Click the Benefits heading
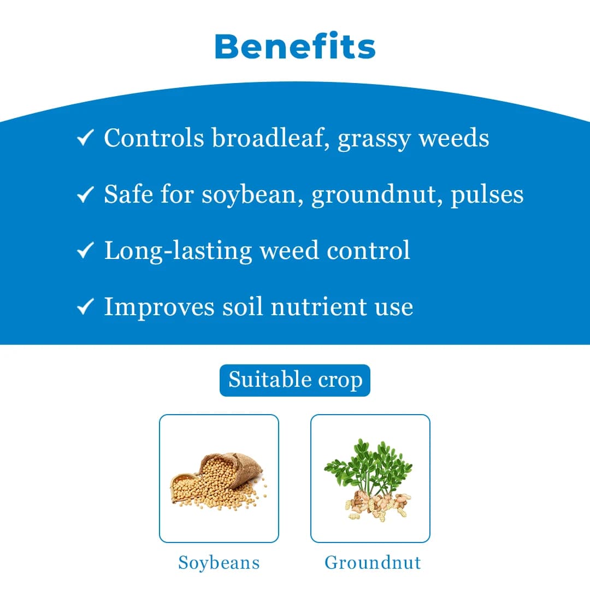pyautogui.click(x=295, y=46)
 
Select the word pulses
pyautogui.click(x=487, y=195)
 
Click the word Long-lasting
pyautogui.click(x=178, y=250)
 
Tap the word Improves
pyautogui.click(x=159, y=308)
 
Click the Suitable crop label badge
pyautogui.click(x=295, y=380)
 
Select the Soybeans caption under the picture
pyautogui.click(x=219, y=563)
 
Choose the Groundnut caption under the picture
pyautogui.click(x=373, y=563)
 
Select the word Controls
pyautogui.click(x=154, y=138)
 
